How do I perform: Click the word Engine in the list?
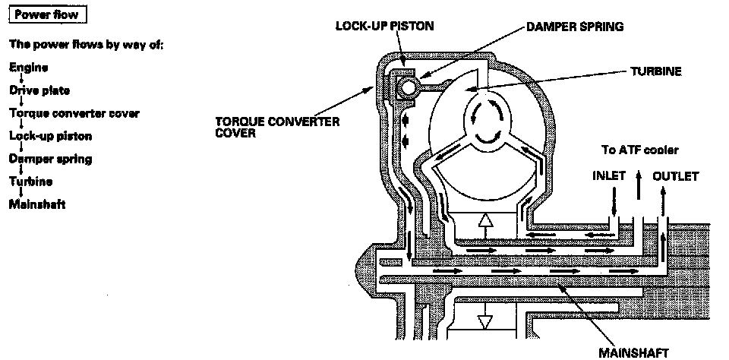29,68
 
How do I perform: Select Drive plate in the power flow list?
39,90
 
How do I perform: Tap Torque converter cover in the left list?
74,113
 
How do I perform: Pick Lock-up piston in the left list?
51,136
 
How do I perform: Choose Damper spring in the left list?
51,159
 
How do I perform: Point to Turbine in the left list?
31,182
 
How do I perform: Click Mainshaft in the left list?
37,204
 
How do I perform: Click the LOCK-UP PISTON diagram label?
385,26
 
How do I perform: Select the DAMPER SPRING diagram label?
575,27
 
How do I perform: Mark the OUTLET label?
675,176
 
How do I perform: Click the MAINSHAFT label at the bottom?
634,352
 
